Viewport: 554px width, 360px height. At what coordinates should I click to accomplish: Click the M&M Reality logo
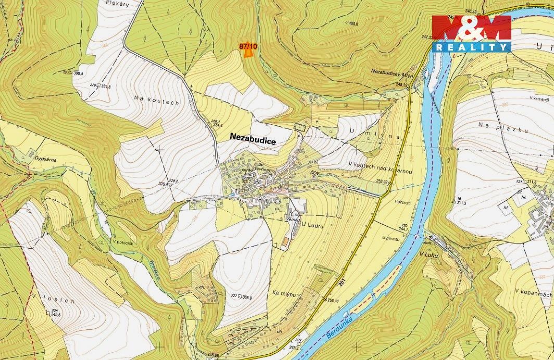(471, 33)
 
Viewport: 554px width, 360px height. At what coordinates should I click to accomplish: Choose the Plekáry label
(117, 3)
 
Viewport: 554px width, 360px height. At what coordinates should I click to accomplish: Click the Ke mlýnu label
(284, 294)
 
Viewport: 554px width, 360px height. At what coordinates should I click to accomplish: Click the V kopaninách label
(533, 294)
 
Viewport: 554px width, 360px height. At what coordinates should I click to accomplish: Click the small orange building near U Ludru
(285, 242)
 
